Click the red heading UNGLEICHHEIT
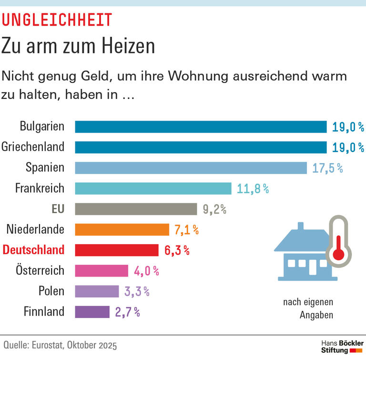pos(57,20)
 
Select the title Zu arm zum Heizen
pos(78,46)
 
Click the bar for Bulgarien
pos(201,127)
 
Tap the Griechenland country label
pos(33,147)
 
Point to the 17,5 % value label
pos(327,168)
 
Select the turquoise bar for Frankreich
pos(153,188)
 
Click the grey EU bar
pos(136,209)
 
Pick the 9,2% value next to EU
pos(214,209)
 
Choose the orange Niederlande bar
pos(122,229)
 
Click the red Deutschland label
pos(33,250)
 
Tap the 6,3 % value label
pos(177,250)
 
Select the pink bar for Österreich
pos(102,271)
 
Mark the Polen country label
pos(51,291)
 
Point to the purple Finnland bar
pos(92,312)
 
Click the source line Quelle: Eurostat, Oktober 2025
pos(60,345)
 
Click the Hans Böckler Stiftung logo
pos(342,347)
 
